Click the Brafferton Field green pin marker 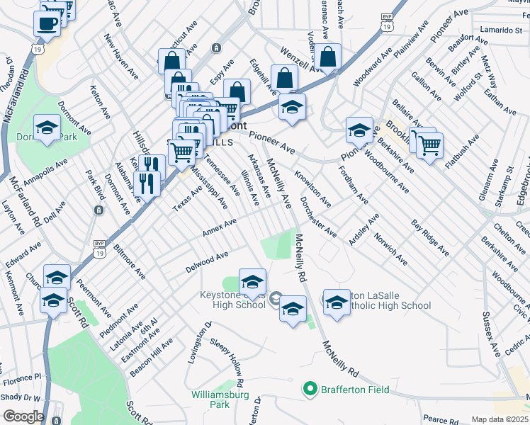[x=310, y=389]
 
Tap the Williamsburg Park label [x=210, y=399]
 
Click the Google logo [x=23, y=416]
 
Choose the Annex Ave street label [x=219, y=227]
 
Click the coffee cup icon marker [x=47, y=23]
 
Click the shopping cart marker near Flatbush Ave [x=430, y=145]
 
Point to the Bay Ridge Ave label [x=430, y=237]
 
